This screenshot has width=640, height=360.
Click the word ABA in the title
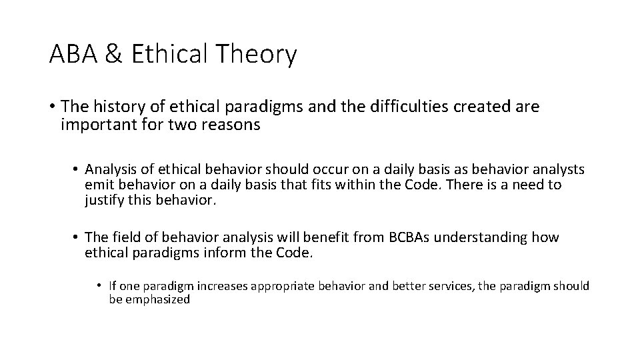(x=73, y=55)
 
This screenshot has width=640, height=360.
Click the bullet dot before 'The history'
(x=52, y=107)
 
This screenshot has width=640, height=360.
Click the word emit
(x=97, y=185)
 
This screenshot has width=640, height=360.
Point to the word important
(x=89, y=125)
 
